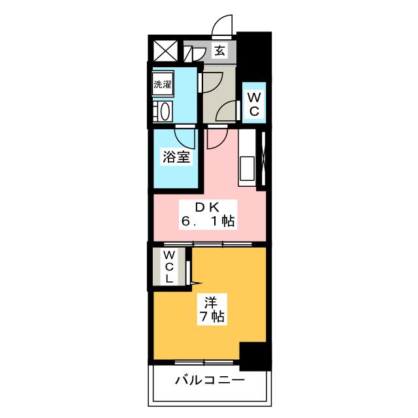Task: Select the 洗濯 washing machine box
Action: pos(163,84)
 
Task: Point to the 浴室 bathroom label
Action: pos(176,157)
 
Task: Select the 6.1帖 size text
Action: pos(208,222)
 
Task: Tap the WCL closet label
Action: pos(169,266)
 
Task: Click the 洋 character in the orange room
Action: pos(210,302)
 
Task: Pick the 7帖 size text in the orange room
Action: pos(210,317)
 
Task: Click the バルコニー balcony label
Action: pos(210,381)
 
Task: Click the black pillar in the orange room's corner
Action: pos(255,357)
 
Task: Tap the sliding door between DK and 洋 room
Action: pos(209,245)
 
